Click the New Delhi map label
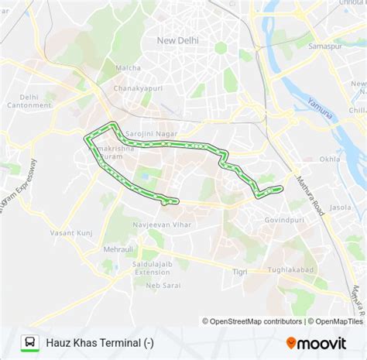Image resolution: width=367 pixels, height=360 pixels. click(179, 40)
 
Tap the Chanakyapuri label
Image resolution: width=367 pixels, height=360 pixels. click(139, 88)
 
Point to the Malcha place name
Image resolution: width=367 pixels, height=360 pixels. click(128, 68)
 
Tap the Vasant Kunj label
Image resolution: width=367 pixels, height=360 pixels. click(71, 232)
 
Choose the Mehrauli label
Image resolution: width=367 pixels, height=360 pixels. click(119, 250)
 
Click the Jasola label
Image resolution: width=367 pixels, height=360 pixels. click(340, 207)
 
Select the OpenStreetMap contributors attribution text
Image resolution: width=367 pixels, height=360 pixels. click(252, 321)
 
